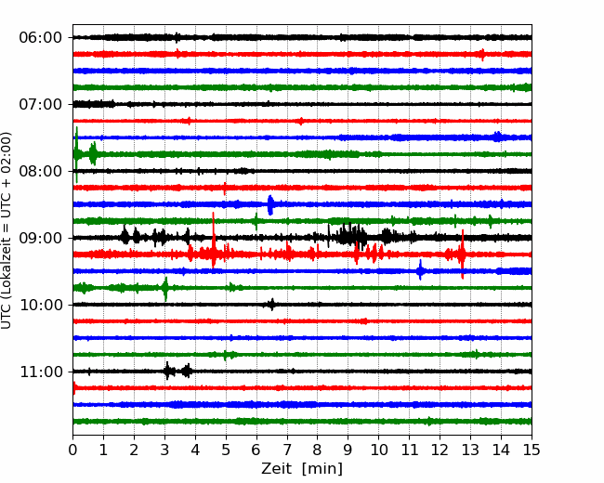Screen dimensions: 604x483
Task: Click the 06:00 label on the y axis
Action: tap(41, 38)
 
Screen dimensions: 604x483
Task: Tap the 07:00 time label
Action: tap(41, 104)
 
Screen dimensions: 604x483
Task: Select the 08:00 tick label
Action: tap(41, 171)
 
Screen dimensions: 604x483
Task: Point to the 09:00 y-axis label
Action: tap(41, 238)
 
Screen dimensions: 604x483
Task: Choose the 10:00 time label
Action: tap(41, 305)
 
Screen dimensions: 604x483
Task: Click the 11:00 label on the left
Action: tap(41, 372)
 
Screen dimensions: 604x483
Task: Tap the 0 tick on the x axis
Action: tap(72, 450)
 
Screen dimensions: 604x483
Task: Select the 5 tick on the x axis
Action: tap(226, 450)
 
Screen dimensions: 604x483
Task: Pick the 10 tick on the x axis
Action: tap(378, 450)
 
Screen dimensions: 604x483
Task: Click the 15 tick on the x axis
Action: tap(532, 450)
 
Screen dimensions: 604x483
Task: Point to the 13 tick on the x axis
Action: tap(470, 450)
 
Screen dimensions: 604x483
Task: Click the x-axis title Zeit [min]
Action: tap(302, 469)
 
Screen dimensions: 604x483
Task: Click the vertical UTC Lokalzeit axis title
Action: tap(6, 230)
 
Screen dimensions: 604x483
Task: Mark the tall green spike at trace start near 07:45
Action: tap(76, 154)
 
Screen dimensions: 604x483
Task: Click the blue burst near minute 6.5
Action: tap(270, 204)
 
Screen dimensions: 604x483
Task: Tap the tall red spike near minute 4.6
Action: tap(214, 240)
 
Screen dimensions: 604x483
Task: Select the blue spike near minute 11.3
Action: tap(420, 270)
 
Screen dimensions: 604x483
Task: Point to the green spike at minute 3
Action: tap(165, 289)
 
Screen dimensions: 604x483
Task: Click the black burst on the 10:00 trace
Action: tap(271, 305)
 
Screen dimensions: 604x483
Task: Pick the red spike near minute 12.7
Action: tap(462, 255)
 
